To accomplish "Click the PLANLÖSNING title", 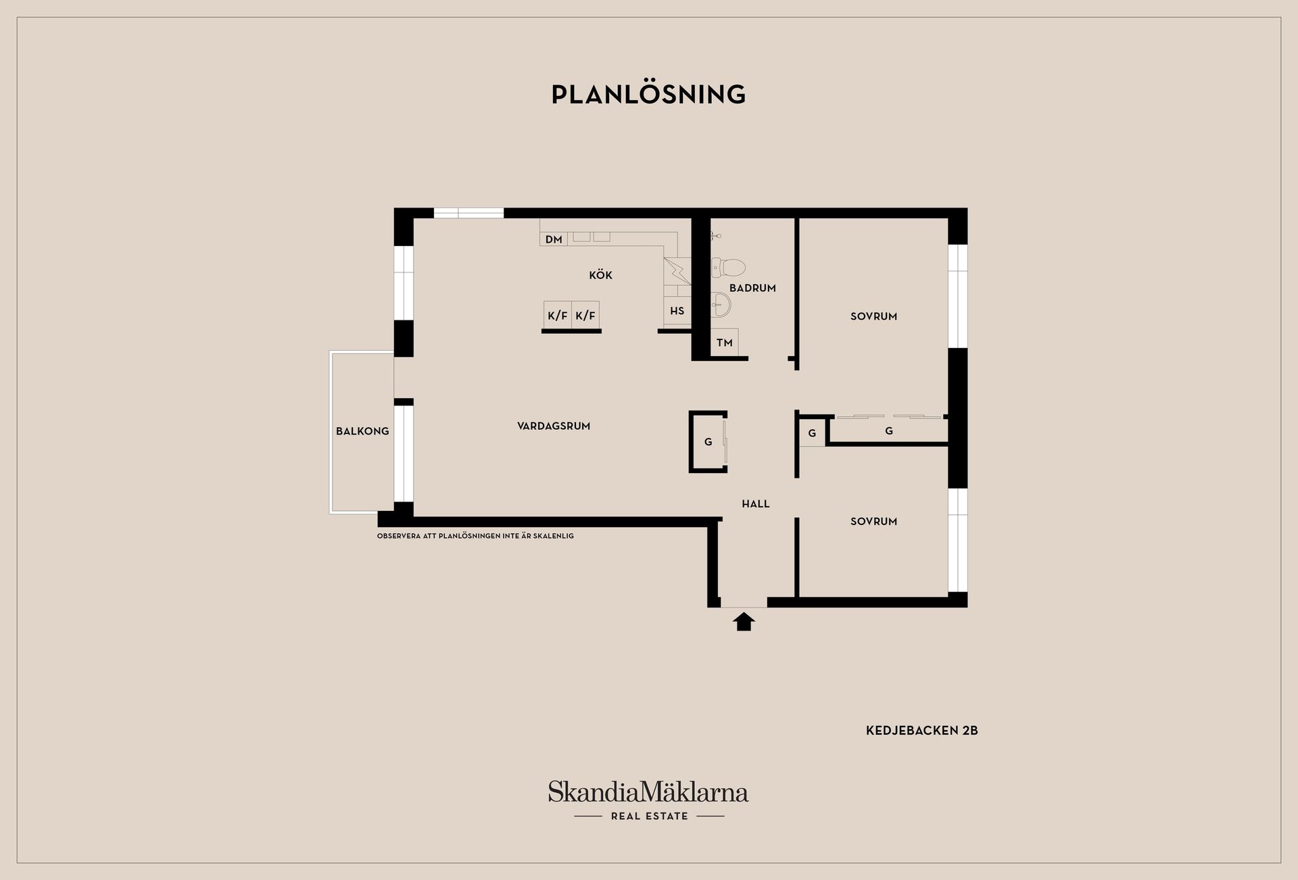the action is coord(648,94).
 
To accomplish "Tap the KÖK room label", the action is coord(600,275).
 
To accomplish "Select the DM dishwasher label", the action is coord(554,239).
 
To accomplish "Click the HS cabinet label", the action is coord(677,311).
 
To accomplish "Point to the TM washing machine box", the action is coord(725,343).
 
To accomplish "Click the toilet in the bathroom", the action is coord(729,268).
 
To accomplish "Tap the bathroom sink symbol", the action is coord(721,305).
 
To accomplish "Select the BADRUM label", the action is coord(752,288).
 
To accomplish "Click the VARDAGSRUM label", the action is coord(554,426).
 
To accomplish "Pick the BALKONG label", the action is coord(362,431).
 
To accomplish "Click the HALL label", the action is coord(756,504).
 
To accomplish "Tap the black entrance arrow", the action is coord(744,621).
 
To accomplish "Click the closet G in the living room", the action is coord(708,442).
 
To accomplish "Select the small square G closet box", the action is coord(812,433).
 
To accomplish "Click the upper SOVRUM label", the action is coord(873,316).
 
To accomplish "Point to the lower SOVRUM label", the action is coord(873,521).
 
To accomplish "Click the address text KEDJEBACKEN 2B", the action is coord(922,731).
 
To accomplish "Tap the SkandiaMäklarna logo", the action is coord(648,791).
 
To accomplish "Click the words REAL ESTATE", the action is coord(649,816).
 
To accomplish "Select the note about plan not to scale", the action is coord(475,536).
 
